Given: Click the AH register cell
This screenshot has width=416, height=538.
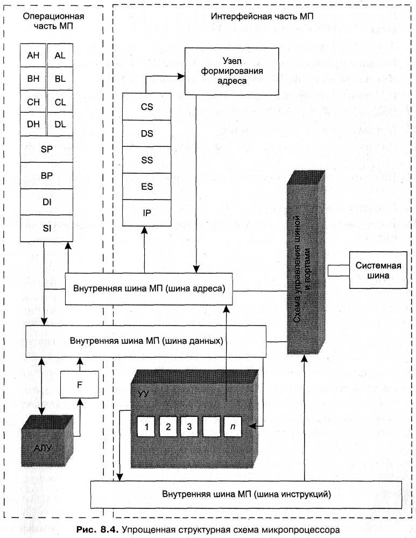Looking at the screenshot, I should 33,55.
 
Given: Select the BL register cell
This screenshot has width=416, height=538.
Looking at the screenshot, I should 60,79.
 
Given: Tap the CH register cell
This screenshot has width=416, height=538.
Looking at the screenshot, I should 33,101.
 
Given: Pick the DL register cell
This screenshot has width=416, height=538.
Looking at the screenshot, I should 60,124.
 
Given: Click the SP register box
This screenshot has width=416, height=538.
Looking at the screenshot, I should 46,149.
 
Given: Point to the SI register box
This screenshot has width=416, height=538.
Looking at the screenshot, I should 46,228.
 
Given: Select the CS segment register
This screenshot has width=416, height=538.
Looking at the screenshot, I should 146,107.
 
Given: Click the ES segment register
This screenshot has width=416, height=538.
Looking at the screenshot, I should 146,187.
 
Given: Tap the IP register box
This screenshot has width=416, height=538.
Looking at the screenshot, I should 146,213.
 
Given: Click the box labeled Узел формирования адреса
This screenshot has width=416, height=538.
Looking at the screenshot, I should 225,70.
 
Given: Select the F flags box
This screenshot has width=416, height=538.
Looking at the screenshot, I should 79,384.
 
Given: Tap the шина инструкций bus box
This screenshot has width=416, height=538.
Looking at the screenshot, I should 246,493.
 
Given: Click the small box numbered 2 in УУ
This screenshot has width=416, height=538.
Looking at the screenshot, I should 168,427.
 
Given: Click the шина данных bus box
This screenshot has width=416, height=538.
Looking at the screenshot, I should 146,341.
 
